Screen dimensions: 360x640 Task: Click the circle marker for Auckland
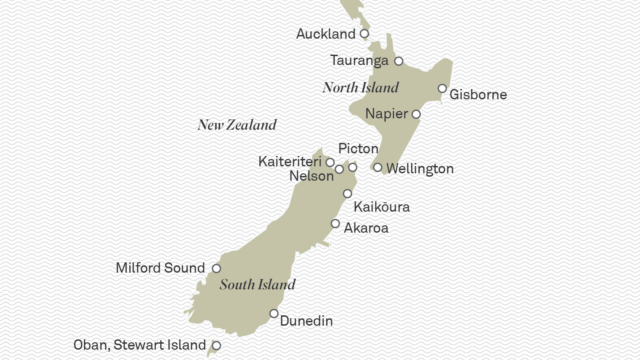pyautogui.click(x=364, y=34)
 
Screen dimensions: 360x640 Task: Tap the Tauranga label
pyautogui.click(x=359, y=61)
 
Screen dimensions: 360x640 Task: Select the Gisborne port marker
pyautogui.click(x=442, y=89)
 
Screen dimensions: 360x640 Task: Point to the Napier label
pyautogui.click(x=386, y=114)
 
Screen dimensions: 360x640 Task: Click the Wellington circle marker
pyautogui.click(x=377, y=167)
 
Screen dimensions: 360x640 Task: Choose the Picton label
pyautogui.click(x=358, y=149)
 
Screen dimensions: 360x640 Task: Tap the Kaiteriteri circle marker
pyautogui.click(x=330, y=162)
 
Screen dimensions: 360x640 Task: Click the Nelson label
pyautogui.click(x=311, y=176)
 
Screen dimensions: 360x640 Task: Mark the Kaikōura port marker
pyautogui.click(x=347, y=194)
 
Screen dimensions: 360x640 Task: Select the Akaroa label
pyautogui.click(x=366, y=228)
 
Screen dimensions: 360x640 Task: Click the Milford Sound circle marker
pyautogui.click(x=216, y=268)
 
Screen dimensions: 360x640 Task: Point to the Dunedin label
pyautogui.click(x=306, y=321)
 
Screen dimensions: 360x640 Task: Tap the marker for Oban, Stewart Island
pyautogui.click(x=217, y=346)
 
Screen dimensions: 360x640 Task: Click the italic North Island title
pyautogui.click(x=360, y=88)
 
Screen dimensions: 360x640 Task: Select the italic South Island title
pyautogui.click(x=258, y=285)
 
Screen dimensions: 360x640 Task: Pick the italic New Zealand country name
pyautogui.click(x=237, y=125)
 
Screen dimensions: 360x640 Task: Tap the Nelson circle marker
pyautogui.click(x=339, y=169)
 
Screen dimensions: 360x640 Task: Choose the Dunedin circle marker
pyautogui.click(x=274, y=314)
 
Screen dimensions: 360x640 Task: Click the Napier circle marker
pyautogui.click(x=416, y=114)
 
